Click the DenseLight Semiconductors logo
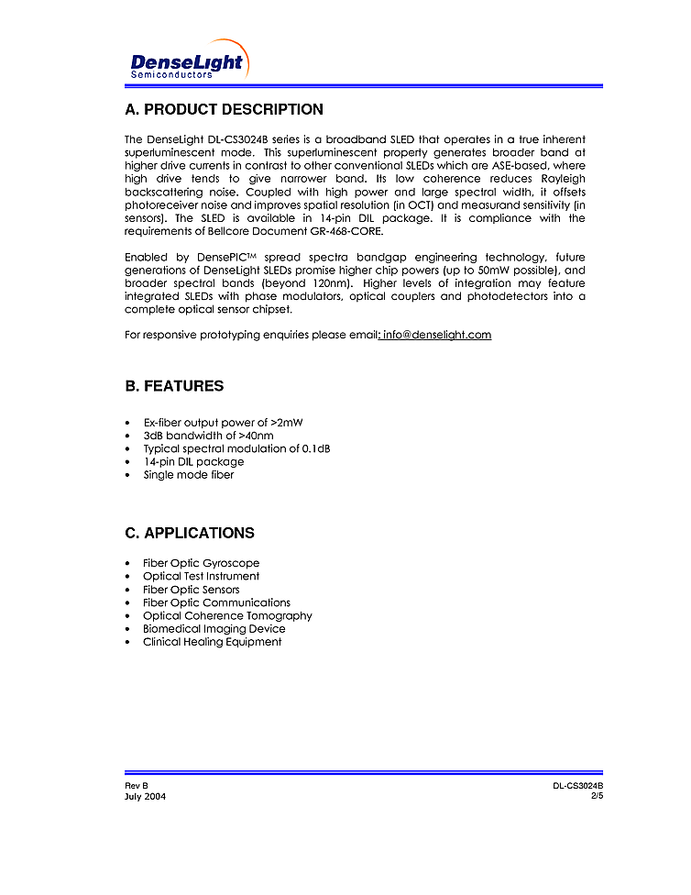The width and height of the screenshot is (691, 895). [187, 63]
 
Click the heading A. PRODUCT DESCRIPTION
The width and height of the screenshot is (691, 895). [224, 110]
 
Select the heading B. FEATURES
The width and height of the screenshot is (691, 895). [174, 386]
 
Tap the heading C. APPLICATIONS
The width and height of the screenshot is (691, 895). [190, 533]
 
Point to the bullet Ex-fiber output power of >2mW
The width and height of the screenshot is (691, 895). [223, 423]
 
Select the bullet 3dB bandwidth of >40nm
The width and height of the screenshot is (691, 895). [208, 436]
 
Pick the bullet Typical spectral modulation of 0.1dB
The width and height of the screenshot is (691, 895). [236, 448]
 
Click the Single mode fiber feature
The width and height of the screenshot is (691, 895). [188, 475]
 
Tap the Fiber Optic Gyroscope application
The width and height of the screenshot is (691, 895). [201, 563]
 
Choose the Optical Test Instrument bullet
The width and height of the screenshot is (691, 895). [201, 576]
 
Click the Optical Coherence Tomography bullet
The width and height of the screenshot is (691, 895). [227, 615]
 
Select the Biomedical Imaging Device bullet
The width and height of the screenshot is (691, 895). [214, 629]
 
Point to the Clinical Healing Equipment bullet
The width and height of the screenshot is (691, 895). [212, 642]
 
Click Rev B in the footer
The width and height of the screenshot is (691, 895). [137, 786]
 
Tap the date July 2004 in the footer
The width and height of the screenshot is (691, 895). [145, 796]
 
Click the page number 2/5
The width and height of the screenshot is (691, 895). [597, 796]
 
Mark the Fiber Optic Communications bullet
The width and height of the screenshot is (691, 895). [216, 602]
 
